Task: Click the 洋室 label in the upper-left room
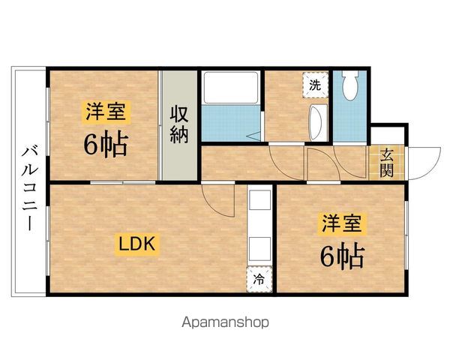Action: pyautogui.click(x=106, y=113)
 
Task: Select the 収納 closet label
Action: pyautogui.click(x=178, y=125)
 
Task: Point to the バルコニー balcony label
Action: pyautogui.click(x=29, y=184)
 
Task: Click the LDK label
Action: pyautogui.click(x=136, y=243)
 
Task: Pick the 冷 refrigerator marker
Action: pyautogui.click(x=258, y=280)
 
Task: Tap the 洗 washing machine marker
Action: pyautogui.click(x=315, y=85)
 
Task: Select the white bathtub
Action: pyautogui.click(x=229, y=90)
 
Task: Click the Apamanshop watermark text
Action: pyautogui.click(x=225, y=324)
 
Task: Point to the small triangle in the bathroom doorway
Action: pyautogui.click(x=254, y=136)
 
